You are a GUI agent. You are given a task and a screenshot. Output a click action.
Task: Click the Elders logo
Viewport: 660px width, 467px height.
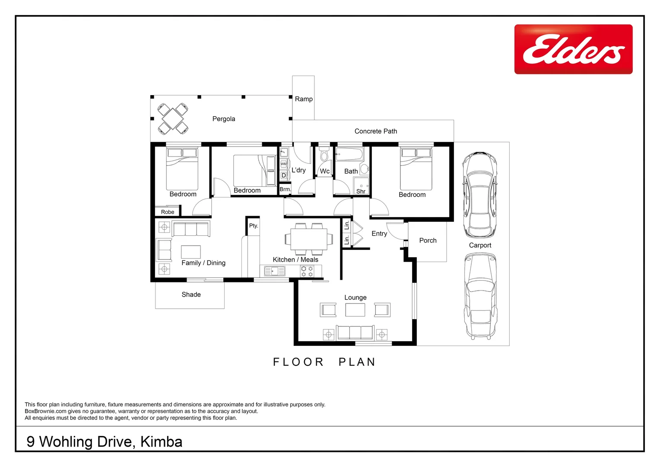[573, 49]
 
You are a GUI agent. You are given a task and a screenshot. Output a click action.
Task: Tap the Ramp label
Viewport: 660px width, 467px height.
[304, 99]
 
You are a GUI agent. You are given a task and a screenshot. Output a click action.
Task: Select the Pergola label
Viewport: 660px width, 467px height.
[224, 119]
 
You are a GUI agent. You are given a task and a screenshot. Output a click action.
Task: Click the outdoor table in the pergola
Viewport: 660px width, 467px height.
[173, 118]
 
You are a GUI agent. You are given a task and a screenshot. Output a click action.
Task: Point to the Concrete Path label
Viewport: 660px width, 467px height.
[375, 131]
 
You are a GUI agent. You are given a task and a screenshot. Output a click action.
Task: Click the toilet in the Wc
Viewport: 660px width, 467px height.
[324, 155]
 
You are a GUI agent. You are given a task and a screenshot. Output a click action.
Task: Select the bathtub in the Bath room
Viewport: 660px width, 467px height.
[350, 154]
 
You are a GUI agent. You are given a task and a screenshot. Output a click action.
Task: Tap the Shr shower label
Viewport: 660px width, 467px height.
[361, 191]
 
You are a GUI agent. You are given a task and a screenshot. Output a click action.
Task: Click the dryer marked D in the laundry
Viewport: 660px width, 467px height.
[284, 175]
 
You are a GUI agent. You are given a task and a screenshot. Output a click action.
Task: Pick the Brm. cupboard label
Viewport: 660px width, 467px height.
[285, 189]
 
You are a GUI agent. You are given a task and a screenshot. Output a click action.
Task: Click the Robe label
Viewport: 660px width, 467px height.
[168, 212]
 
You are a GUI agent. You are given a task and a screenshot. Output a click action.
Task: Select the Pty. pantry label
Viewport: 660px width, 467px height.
[254, 226]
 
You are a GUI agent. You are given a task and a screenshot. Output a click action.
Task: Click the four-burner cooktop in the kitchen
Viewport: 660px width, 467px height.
[307, 272]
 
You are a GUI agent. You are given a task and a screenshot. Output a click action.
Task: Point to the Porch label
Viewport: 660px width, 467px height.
[428, 240]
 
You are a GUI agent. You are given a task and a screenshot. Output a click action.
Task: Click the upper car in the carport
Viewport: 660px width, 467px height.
[479, 195]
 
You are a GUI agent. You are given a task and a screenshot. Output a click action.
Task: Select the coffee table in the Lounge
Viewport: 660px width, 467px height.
[355, 310]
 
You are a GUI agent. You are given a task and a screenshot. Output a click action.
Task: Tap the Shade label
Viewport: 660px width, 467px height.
[191, 294]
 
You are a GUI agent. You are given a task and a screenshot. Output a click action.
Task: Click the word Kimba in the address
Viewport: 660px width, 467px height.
[162, 441]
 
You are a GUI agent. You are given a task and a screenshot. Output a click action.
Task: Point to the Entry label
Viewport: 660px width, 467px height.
[379, 233]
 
